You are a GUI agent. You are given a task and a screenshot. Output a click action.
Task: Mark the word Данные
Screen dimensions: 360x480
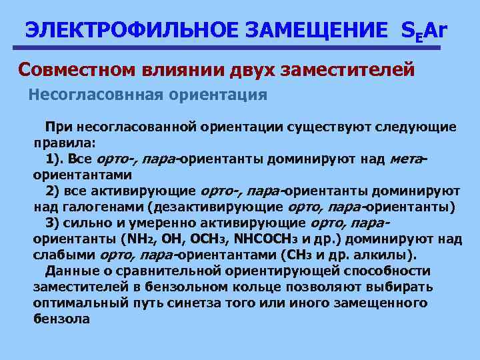point(68,271)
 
